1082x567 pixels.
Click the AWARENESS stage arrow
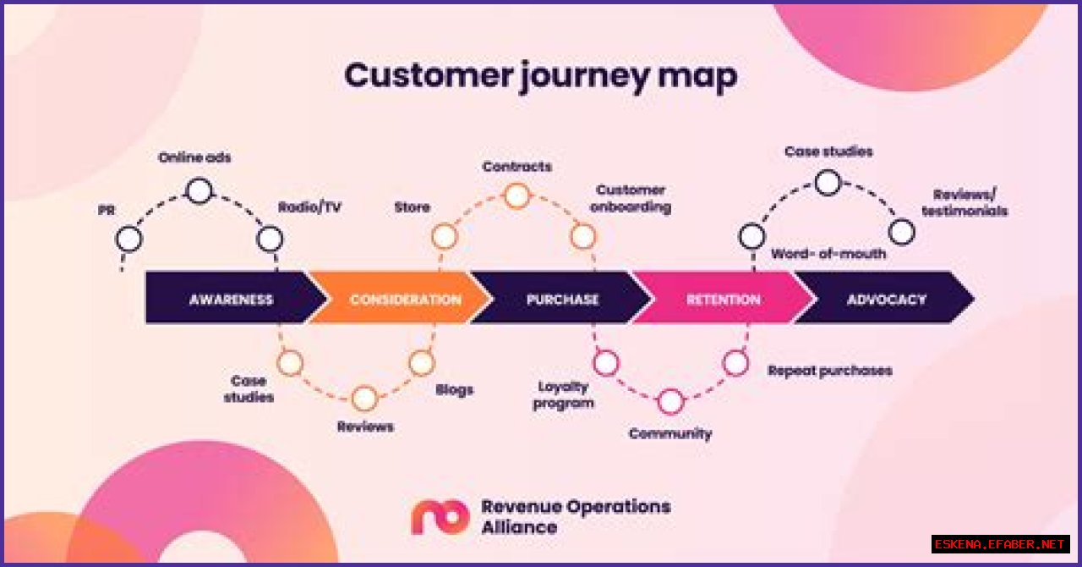click(x=231, y=299)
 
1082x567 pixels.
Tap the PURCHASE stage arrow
click(x=562, y=299)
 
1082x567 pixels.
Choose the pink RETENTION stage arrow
click(x=723, y=299)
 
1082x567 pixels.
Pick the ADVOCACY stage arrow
click(x=886, y=299)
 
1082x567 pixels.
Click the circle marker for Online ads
click(x=199, y=191)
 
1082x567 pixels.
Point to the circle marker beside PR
click(x=129, y=239)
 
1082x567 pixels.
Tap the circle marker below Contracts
click(x=516, y=196)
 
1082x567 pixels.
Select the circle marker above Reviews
click(x=364, y=398)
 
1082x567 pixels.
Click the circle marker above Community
click(x=670, y=402)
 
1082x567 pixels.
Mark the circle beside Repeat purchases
click(x=735, y=363)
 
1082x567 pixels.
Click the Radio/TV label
click(x=310, y=207)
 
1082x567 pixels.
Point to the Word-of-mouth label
click(x=828, y=254)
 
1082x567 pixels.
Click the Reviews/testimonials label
click(x=965, y=202)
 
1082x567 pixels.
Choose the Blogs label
click(x=454, y=389)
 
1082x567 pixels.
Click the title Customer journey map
click(x=540, y=75)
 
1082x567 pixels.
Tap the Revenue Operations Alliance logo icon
click(x=440, y=516)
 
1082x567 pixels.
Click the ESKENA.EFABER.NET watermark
click(x=1001, y=544)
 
